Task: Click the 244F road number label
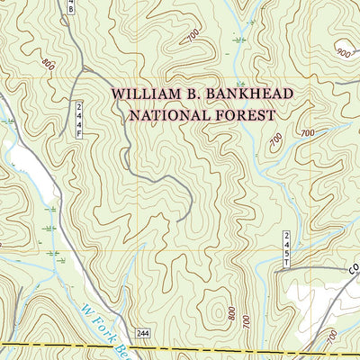point(78,118)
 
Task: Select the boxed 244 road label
point(144,333)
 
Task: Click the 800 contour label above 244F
point(48,64)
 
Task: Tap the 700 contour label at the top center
point(193,35)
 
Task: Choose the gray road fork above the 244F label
point(79,67)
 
